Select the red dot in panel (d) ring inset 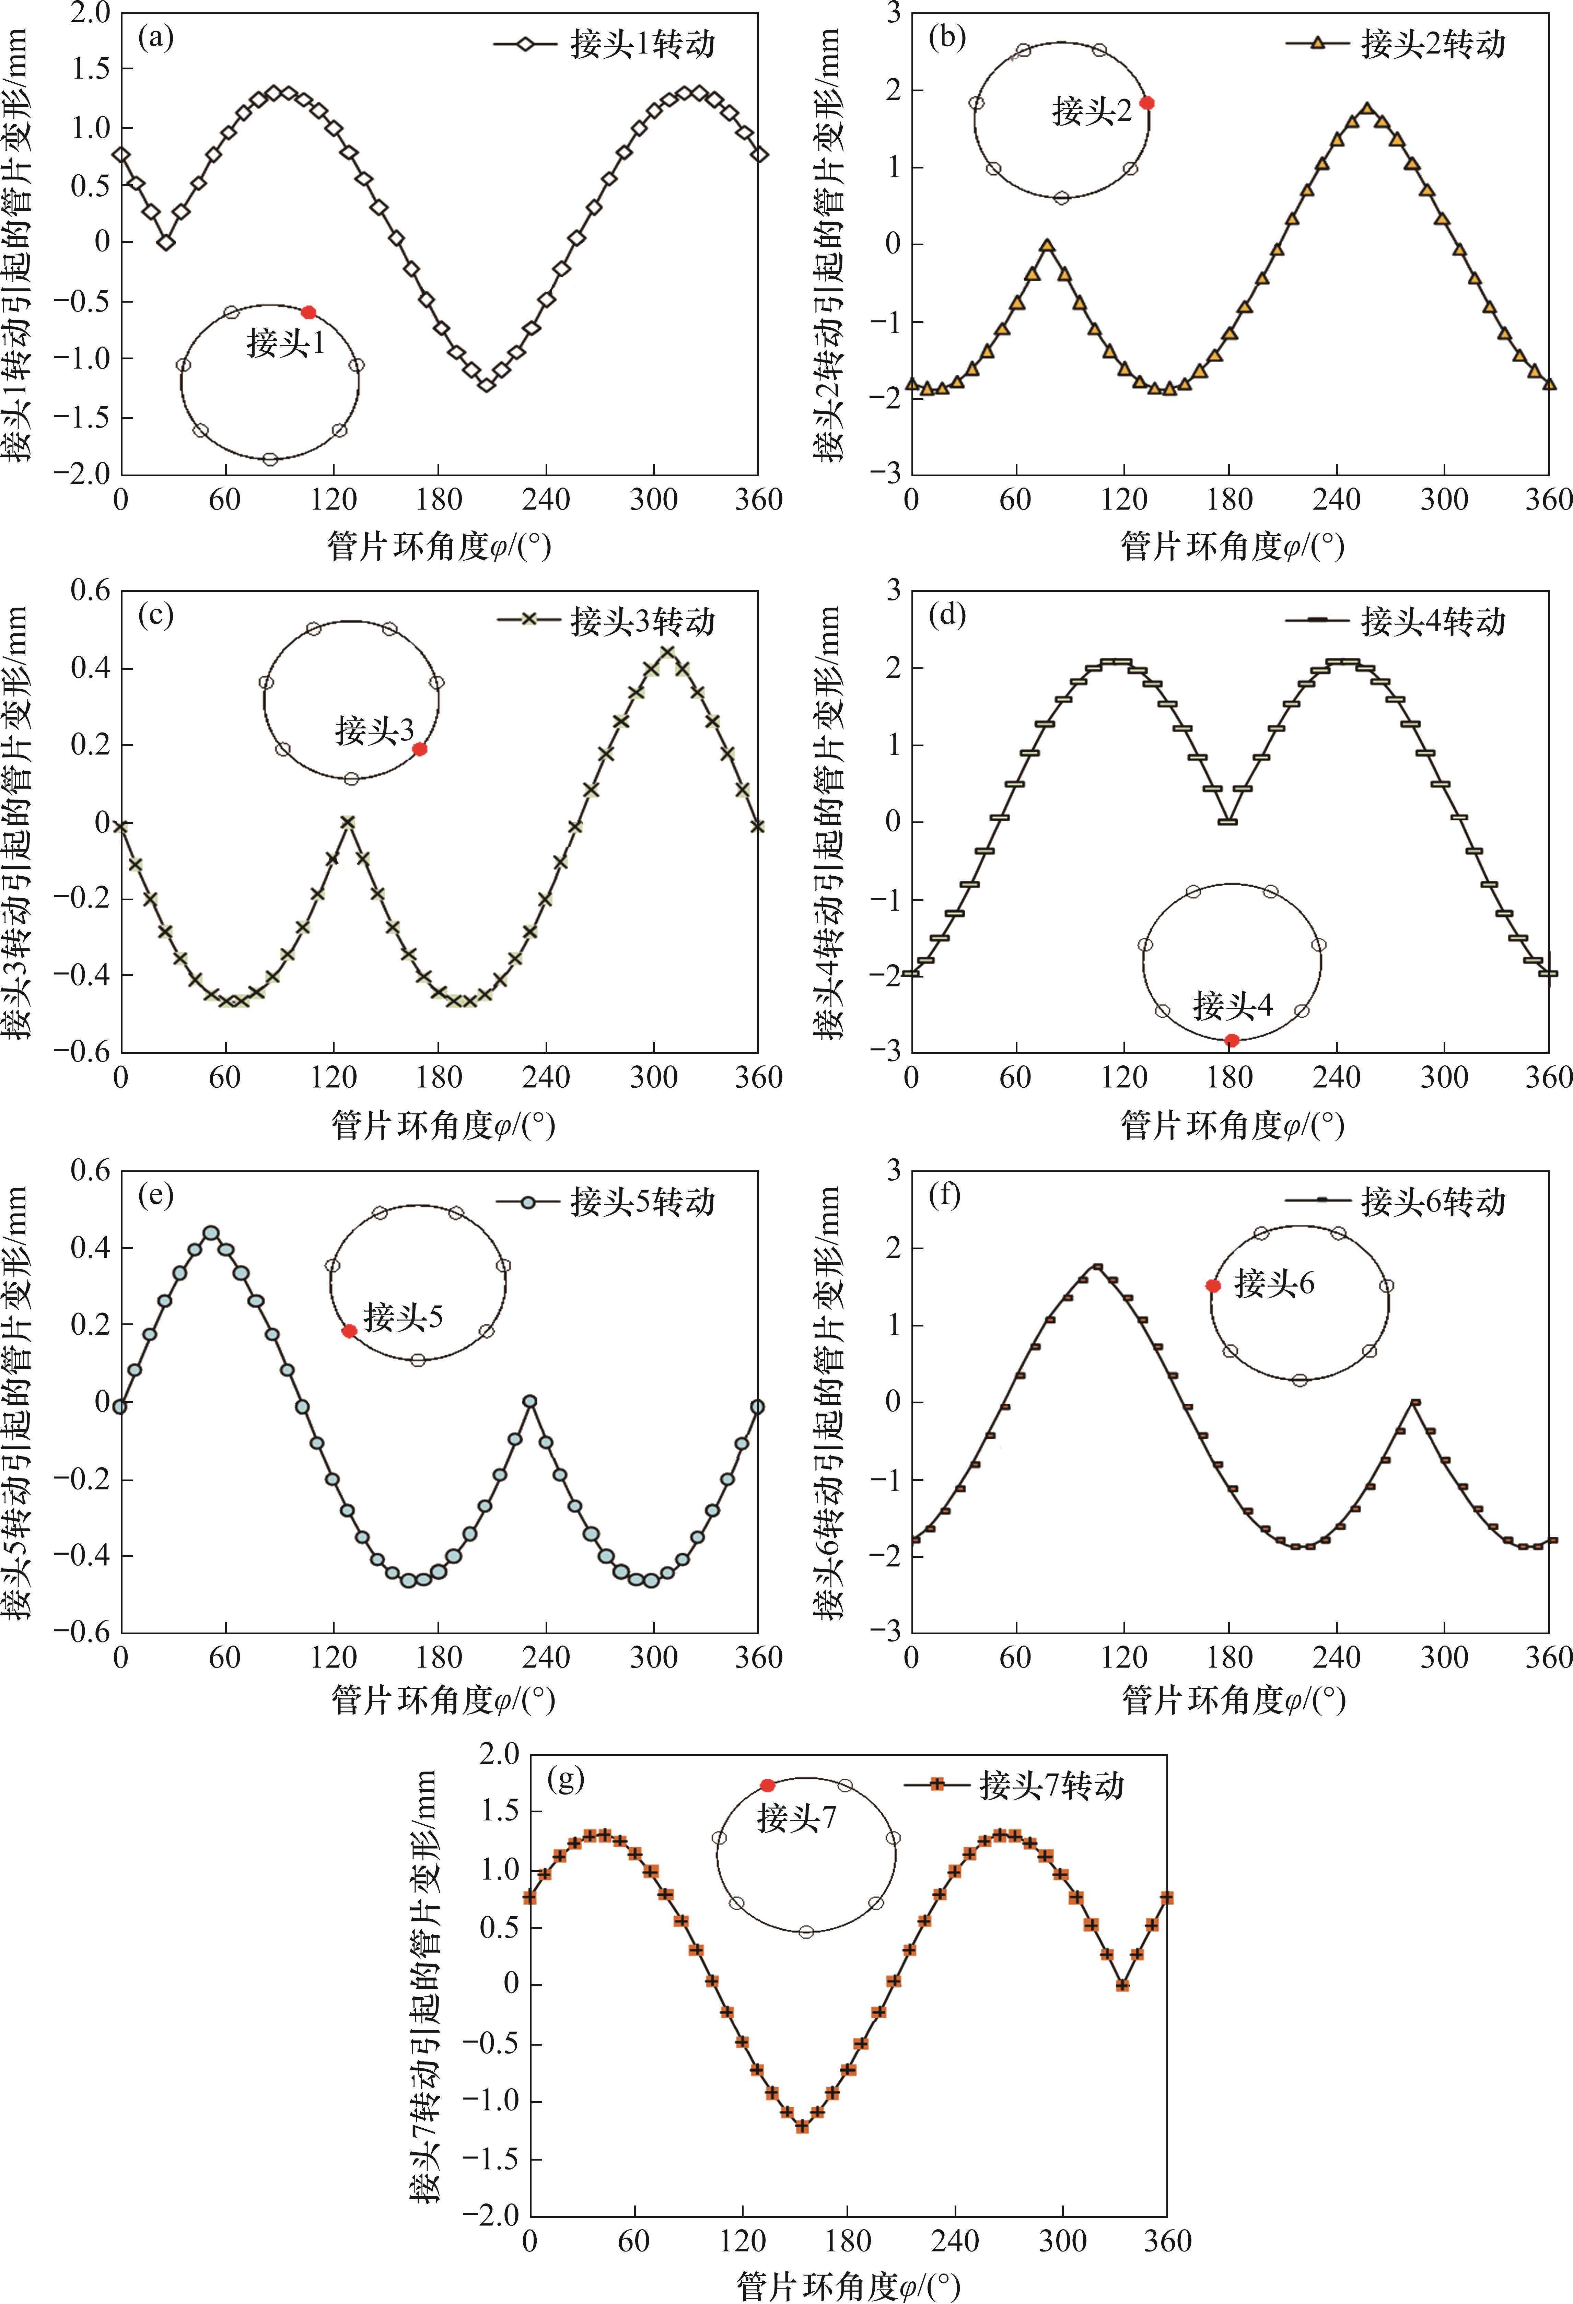pos(1232,1040)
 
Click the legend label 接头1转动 pos(642,44)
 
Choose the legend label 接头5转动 pos(642,1202)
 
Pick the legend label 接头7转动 pos(1051,1786)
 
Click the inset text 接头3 pos(374,730)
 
